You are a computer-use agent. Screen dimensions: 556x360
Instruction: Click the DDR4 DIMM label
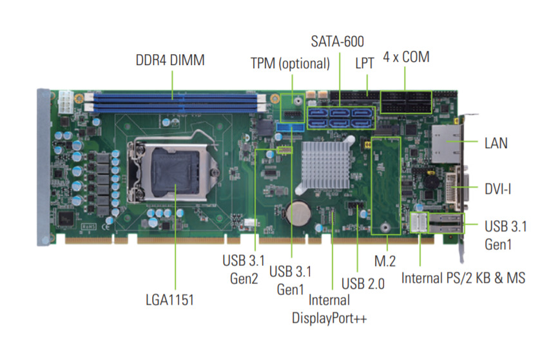[170, 60]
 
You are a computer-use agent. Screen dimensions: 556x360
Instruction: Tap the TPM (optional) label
[290, 64]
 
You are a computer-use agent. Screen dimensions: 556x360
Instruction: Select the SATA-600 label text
[337, 41]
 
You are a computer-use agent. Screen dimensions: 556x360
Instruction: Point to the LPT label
[365, 63]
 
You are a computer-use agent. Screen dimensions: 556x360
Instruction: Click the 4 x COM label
[407, 57]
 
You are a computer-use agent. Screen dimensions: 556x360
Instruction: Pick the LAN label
[496, 143]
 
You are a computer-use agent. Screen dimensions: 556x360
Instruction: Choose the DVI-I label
[498, 189]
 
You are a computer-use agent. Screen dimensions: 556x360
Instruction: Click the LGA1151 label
[170, 299]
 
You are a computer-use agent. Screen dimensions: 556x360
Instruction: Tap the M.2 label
[385, 261]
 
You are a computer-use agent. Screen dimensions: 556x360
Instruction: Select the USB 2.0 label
[363, 284]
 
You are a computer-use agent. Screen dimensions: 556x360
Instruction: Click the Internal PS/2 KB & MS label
[463, 278]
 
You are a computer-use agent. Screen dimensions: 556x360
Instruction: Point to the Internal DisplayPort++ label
[329, 309]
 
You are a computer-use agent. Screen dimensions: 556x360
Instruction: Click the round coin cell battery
[298, 213]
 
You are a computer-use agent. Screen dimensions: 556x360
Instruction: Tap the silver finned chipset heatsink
[325, 165]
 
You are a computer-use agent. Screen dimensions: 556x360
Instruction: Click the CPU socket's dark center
[175, 171]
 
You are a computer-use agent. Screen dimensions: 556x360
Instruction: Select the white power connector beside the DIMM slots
[66, 103]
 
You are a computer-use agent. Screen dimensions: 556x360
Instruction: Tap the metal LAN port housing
[446, 144]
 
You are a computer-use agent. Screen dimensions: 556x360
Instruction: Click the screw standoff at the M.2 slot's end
[385, 227]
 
